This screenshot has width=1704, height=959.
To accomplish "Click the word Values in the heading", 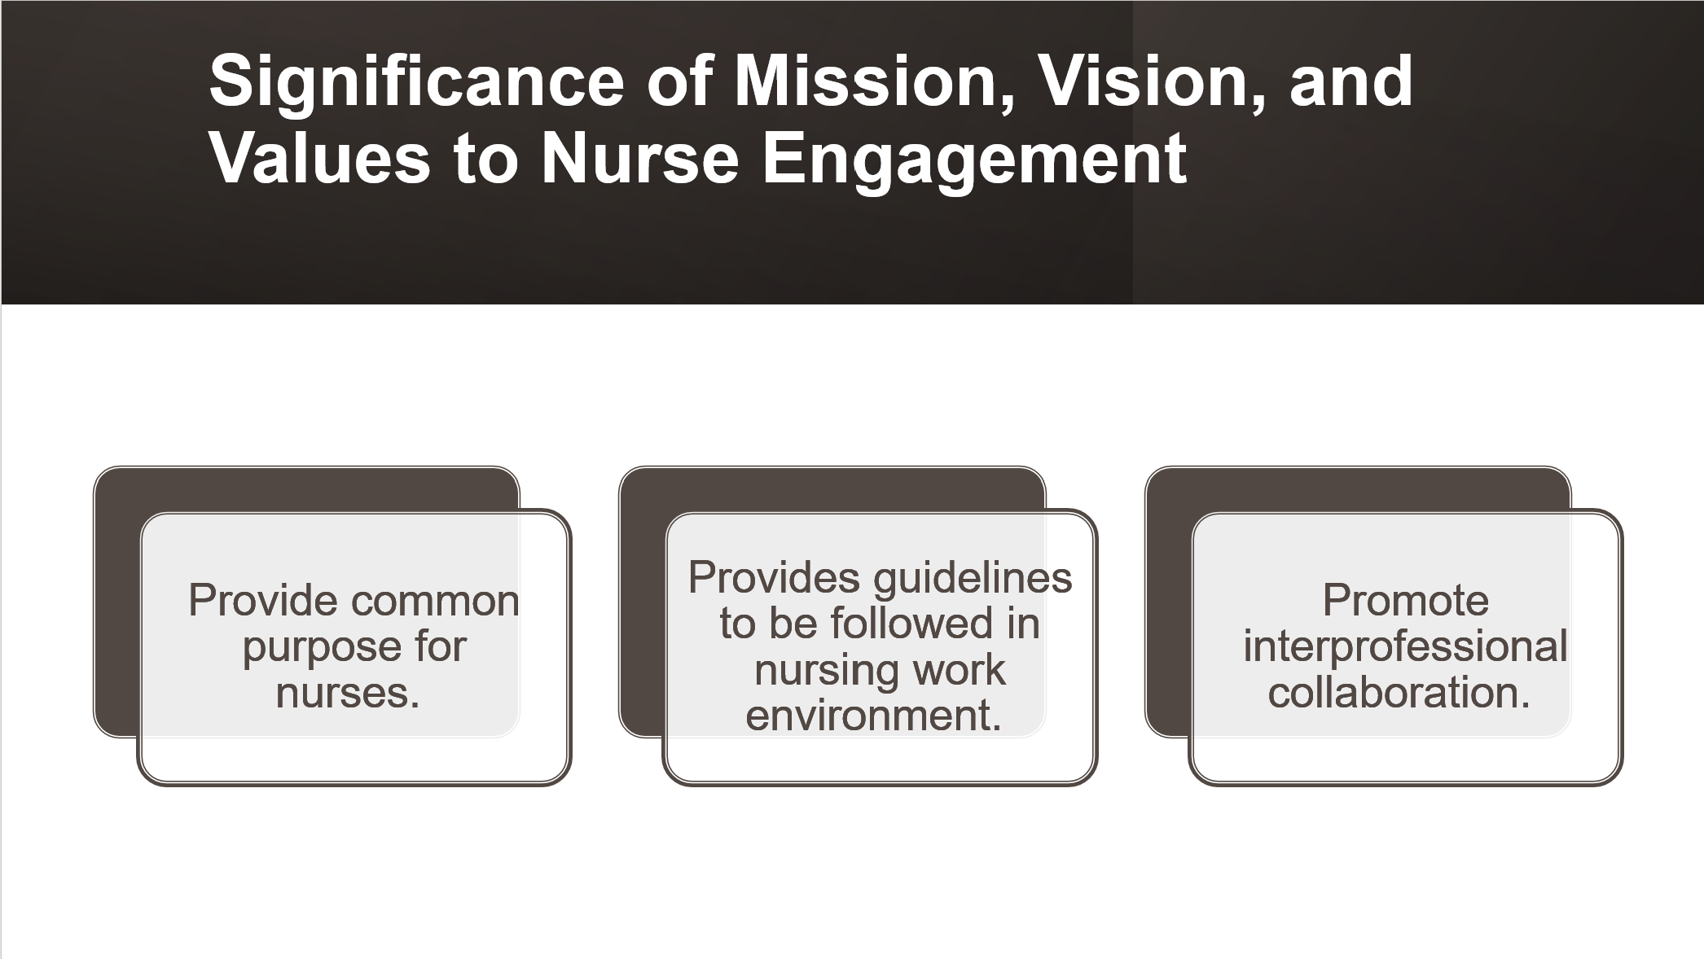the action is (x=319, y=158).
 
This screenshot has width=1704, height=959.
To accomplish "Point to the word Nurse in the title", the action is (x=640, y=158).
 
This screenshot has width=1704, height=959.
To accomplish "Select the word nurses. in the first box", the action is (x=348, y=694).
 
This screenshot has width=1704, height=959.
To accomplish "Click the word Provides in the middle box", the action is (x=774, y=577).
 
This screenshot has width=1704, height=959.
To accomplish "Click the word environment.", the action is (x=873, y=716).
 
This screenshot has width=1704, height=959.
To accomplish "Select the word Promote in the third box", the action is (x=1406, y=601).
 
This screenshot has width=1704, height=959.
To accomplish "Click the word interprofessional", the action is (x=1406, y=648).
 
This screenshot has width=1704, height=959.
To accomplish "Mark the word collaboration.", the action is (x=1399, y=693).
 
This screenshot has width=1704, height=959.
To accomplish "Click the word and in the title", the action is (x=1351, y=81).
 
